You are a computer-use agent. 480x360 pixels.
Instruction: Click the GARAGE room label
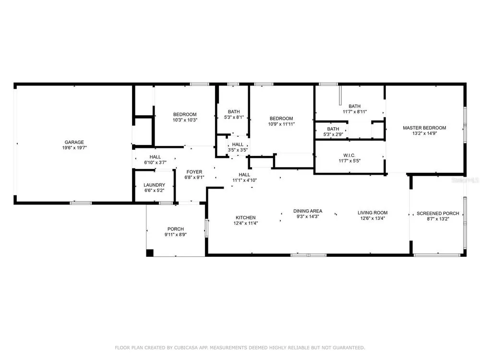(74, 142)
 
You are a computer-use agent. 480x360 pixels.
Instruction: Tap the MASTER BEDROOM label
(424, 128)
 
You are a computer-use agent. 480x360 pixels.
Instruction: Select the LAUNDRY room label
(154, 185)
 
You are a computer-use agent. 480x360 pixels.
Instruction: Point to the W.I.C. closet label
(349, 155)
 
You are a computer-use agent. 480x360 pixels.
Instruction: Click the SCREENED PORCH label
(438, 214)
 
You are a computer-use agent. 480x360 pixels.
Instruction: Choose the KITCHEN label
(245, 217)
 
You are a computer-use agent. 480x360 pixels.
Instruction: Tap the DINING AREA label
(308, 211)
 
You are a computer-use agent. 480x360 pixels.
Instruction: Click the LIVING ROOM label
(372, 213)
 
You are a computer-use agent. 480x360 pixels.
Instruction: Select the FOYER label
(194, 172)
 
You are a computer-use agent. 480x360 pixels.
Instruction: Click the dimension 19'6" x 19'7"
(74, 147)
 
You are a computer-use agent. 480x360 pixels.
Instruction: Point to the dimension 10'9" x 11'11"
(281, 124)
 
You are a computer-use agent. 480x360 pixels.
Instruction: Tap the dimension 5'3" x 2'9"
(333, 134)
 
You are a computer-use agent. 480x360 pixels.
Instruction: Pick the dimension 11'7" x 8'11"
(355, 112)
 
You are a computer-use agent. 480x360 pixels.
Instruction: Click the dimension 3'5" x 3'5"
(238, 150)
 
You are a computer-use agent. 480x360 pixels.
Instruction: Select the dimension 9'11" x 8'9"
(175, 235)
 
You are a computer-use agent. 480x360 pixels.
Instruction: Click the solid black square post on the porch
(150, 253)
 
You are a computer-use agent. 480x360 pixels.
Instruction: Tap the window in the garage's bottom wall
(81, 203)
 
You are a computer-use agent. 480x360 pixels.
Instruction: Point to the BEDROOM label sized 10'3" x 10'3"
(185, 115)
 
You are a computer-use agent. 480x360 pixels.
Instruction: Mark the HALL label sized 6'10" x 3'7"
(155, 157)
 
